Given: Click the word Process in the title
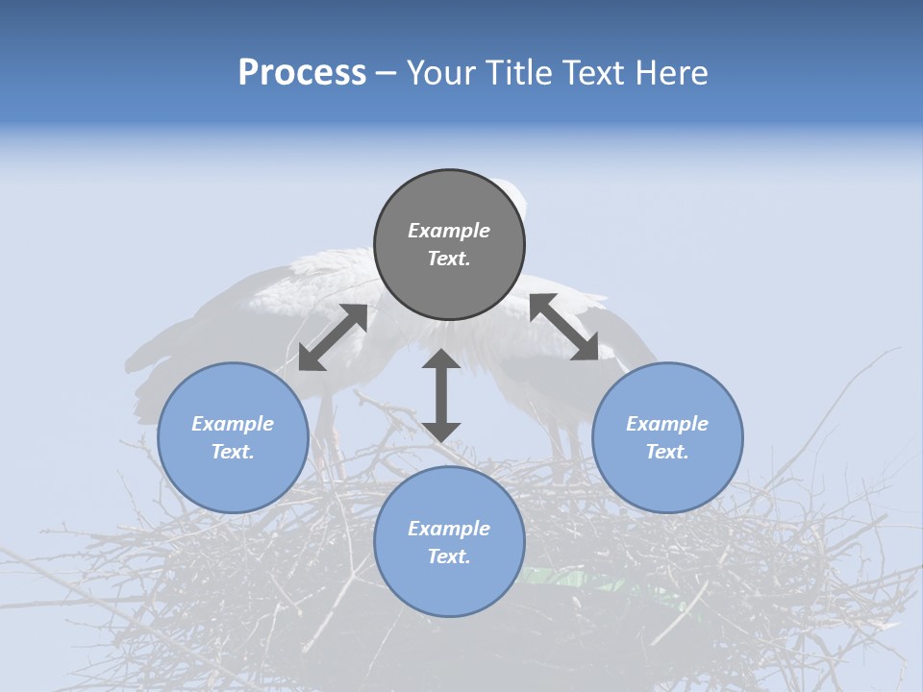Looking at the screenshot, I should (302, 73).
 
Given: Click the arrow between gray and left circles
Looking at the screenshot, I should (333, 337).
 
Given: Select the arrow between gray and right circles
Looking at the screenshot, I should (564, 328).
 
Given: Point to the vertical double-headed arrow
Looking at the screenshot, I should (441, 395).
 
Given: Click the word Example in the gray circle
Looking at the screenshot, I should (449, 231).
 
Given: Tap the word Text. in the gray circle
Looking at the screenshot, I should (449, 259).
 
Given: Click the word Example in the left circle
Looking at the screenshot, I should (233, 424).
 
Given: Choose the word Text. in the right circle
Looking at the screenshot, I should (666, 452).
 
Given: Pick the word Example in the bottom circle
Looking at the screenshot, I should (449, 529).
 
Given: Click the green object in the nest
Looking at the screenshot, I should (567, 580).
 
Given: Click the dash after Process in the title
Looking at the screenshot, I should (387, 73).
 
